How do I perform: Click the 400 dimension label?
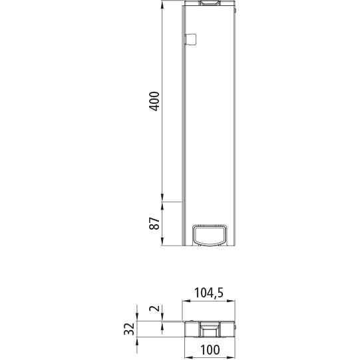[154, 101]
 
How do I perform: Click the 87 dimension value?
[154, 224]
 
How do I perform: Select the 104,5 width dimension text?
[209, 292]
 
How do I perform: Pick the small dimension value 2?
[154, 309]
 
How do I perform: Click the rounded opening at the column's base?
[209, 234]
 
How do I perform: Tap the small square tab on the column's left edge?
[190, 39]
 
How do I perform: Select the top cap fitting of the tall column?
[209, 3]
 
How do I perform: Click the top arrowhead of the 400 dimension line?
[162, 5]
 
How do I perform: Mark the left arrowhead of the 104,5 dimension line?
[186, 301]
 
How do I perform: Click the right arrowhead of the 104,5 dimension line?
[233, 301]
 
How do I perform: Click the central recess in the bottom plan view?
[209, 329]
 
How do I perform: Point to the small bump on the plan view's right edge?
[236, 326]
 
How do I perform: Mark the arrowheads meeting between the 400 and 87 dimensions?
[162, 200]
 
